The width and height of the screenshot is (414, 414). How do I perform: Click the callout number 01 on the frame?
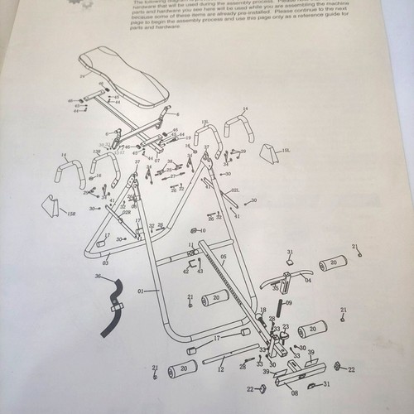142,291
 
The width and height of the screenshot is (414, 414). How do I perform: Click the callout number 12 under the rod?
220,369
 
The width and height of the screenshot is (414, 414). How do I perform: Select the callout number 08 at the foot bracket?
294,395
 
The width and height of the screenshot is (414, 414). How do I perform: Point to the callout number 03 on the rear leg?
105,262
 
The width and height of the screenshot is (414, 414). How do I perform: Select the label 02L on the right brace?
235,190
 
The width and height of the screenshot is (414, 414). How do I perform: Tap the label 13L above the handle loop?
205,123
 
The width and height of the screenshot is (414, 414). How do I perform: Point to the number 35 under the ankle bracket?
276,289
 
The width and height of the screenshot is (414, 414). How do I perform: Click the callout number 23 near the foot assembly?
285,326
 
